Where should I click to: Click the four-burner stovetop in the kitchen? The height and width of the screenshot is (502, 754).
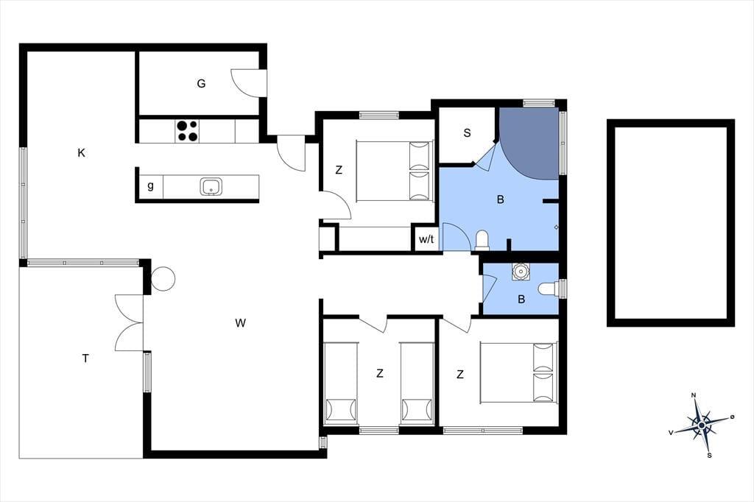click(187, 131)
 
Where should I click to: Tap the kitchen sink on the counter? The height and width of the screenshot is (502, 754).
click(211, 186)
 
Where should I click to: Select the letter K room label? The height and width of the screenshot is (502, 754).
click(81, 153)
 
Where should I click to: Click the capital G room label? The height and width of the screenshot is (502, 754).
click(201, 84)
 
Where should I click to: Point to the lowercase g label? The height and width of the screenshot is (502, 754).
click(150, 185)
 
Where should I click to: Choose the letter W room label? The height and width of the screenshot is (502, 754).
click(241, 323)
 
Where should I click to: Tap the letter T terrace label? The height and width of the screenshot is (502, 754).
click(85, 358)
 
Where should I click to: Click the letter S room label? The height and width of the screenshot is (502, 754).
click(467, 133)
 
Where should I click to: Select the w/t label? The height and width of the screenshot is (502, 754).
click(426, 239)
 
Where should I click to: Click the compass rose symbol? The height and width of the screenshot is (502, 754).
click(702, 425)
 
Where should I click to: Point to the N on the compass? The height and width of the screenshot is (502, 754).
click(694, 395)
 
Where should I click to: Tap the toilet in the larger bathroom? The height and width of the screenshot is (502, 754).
click(482, 241)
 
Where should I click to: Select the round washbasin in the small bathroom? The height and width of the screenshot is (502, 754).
click(521, 272)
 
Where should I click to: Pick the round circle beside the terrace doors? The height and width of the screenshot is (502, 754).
click(163, 279)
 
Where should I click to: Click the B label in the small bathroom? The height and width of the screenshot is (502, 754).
click(521, 300)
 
